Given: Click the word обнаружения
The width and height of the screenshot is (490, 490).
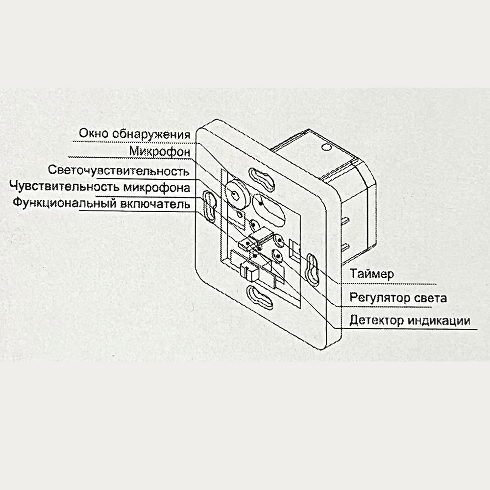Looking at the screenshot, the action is pos(151,134).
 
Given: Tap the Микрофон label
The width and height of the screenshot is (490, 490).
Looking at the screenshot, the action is pos(160,151).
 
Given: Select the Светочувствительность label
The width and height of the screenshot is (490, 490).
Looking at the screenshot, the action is pos(119,171).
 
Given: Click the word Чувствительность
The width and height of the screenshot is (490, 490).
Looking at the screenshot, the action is pos(65,186).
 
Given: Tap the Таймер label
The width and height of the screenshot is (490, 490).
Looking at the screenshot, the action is pos(372,274).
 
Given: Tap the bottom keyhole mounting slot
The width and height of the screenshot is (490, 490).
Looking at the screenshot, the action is pos(260,297).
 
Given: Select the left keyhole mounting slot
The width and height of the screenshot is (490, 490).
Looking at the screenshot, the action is pos(210,207).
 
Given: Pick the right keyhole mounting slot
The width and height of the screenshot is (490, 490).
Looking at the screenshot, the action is pos(313,270).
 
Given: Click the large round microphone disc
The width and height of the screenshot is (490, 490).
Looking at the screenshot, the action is pos(236,195).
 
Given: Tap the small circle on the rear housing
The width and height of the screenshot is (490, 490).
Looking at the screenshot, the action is pos(326,147).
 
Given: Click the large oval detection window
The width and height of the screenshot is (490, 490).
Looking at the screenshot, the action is pos(268,210).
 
